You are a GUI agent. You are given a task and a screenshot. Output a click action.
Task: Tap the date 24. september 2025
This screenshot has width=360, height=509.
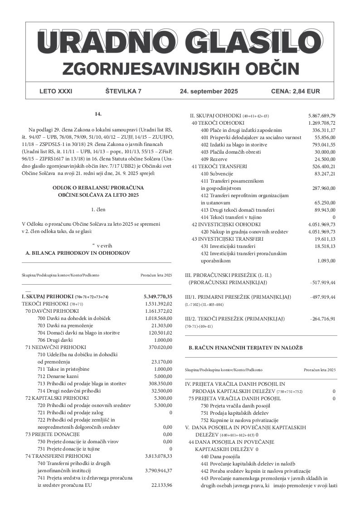point(209,91)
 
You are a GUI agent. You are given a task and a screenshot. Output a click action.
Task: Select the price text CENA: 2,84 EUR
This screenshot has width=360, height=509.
point(295,91)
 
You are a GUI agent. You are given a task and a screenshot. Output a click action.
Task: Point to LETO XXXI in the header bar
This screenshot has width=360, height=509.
point(56,91)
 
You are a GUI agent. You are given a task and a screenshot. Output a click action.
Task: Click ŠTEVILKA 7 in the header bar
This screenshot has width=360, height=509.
point(123,91)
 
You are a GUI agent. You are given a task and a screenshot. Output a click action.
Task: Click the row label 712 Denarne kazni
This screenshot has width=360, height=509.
point(57,376)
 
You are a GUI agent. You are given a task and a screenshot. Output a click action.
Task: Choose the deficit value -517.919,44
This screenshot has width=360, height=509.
point(323,282)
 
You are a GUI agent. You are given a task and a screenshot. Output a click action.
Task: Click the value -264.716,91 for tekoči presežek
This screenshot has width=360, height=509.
point(323,319)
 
